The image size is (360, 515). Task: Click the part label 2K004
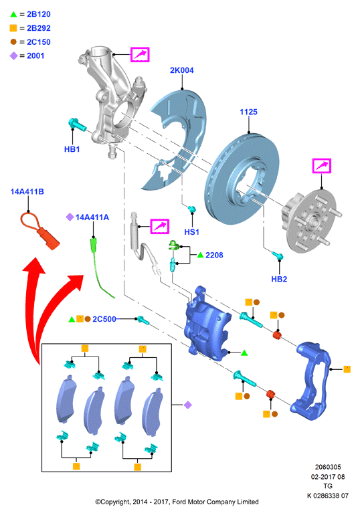click(181, 70)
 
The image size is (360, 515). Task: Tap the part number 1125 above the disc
click(248, 112)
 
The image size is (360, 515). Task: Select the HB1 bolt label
click(72, 149)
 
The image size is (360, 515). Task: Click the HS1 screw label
click(191, 232)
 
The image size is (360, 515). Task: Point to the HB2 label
click(279, 279)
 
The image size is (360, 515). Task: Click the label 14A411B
click(27, 191)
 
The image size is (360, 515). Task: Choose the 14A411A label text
click(92, 217)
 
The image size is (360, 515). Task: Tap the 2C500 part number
click(104, 319)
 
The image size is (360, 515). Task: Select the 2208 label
click(214, 255)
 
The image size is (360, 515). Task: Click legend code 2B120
click(39, 14)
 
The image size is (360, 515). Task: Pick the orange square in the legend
click(13, 28)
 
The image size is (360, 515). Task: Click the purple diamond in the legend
click(13, 56)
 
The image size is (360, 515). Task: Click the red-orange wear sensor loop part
click(40, 230)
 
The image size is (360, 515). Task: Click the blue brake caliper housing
click(207, 325)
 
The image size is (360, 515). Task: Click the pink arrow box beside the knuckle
click(141, 55)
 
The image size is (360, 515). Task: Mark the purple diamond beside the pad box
click(188, 405)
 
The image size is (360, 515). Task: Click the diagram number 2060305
click(328, 467)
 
